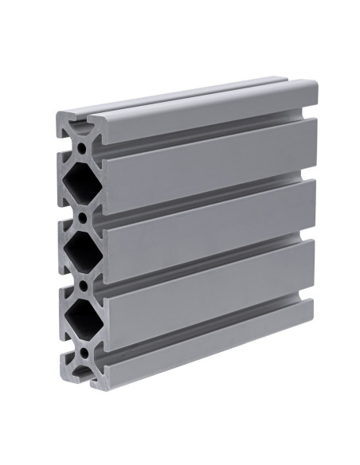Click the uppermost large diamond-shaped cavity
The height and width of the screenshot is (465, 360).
[x=80, y=182]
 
